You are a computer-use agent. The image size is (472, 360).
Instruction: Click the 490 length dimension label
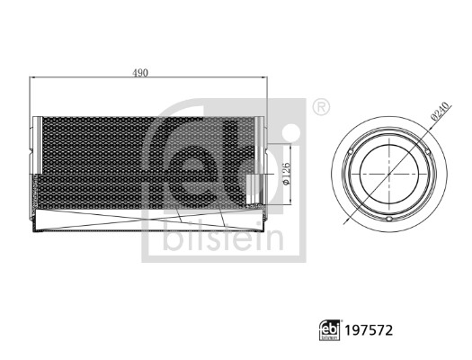tap(141, 71)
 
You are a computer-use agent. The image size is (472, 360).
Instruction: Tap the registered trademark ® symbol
tap(320, 107)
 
